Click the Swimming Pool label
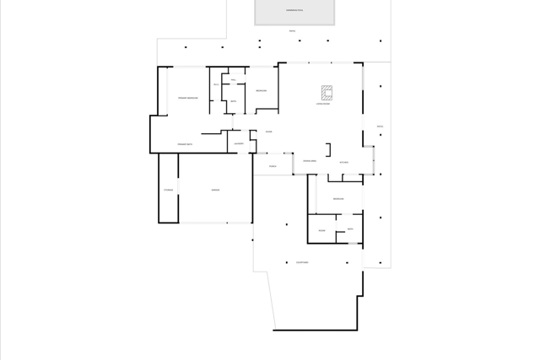(x=294, y=10)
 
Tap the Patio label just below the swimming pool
(x=292, y=31)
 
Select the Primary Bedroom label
(x=187, y=99)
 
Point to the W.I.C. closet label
(x=216, y=84)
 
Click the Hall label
(x=233, y=80)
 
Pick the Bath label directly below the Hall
(x=233, y=101)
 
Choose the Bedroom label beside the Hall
(x=262, y=90)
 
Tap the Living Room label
(x=322, y=105)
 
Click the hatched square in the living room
(x=327, y=91)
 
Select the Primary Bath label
(x=186, y=145)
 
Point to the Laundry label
(x=239, y=144)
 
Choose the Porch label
(x=273, y=166)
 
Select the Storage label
(x=168, y=191)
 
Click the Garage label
(x=215, y=191)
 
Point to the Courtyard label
(x=301, y=263)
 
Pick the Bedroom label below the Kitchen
(x=337, y=199)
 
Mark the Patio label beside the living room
(x=380, y=126)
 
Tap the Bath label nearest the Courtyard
(x=350, y=229)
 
